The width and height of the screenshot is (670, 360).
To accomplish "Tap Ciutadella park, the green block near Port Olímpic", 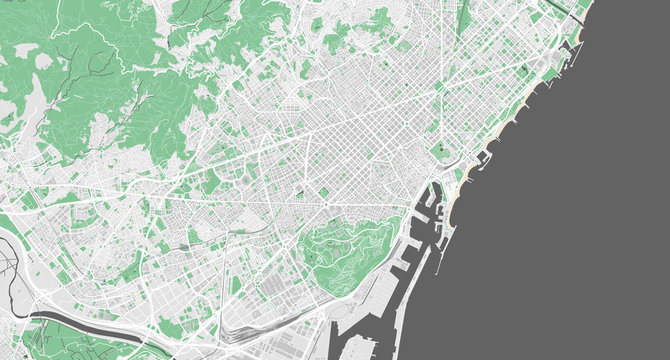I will click(440, 155).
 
